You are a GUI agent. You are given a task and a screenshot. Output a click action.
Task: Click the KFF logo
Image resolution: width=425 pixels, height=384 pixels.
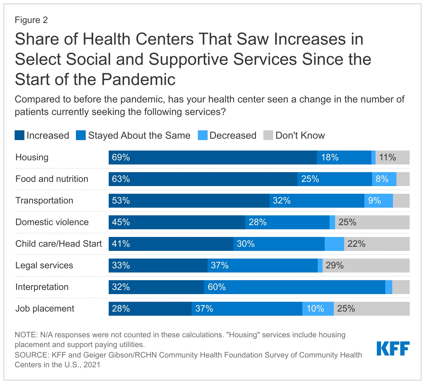[393, 348]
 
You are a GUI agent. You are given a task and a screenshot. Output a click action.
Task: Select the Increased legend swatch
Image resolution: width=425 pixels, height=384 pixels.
[20, 135]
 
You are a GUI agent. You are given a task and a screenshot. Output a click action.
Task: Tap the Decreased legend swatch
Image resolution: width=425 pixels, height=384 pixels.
[203, 135]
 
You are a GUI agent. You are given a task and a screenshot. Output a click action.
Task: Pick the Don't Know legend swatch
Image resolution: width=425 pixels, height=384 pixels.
[268, 135]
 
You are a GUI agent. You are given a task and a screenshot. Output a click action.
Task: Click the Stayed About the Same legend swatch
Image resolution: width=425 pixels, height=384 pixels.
[81, 135]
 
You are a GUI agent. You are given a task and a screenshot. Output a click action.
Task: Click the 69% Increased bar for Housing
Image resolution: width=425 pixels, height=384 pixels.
[212, 158]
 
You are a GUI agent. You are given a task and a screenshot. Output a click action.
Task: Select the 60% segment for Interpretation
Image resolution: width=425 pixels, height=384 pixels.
[295, 287]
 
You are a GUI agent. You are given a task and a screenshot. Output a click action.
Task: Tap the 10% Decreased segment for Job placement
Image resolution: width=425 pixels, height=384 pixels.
[318, 309]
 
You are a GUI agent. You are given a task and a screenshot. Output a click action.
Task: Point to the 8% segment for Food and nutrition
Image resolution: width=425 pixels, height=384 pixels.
[384, 179]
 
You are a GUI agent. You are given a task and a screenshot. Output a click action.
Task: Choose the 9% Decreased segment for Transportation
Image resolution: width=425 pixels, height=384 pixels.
[378, 201]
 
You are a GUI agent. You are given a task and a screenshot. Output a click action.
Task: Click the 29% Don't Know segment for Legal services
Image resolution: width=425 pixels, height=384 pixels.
[366, 266]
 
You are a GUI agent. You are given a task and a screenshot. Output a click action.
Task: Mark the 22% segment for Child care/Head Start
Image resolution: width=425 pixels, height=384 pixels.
[377, 244]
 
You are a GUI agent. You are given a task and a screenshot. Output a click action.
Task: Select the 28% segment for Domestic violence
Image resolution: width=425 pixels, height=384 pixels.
[287, 222]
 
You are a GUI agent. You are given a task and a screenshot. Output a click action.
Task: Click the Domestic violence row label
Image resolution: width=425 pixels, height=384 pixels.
[52, 222]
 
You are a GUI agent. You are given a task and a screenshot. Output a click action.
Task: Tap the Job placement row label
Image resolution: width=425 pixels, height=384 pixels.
[45, 309]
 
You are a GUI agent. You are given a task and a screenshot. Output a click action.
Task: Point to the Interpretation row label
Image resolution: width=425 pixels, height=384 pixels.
[42, 287]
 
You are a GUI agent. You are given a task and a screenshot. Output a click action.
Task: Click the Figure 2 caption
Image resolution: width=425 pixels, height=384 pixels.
[31, 20]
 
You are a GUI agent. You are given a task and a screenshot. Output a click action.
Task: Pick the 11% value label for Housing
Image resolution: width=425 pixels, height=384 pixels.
[387, 158]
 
